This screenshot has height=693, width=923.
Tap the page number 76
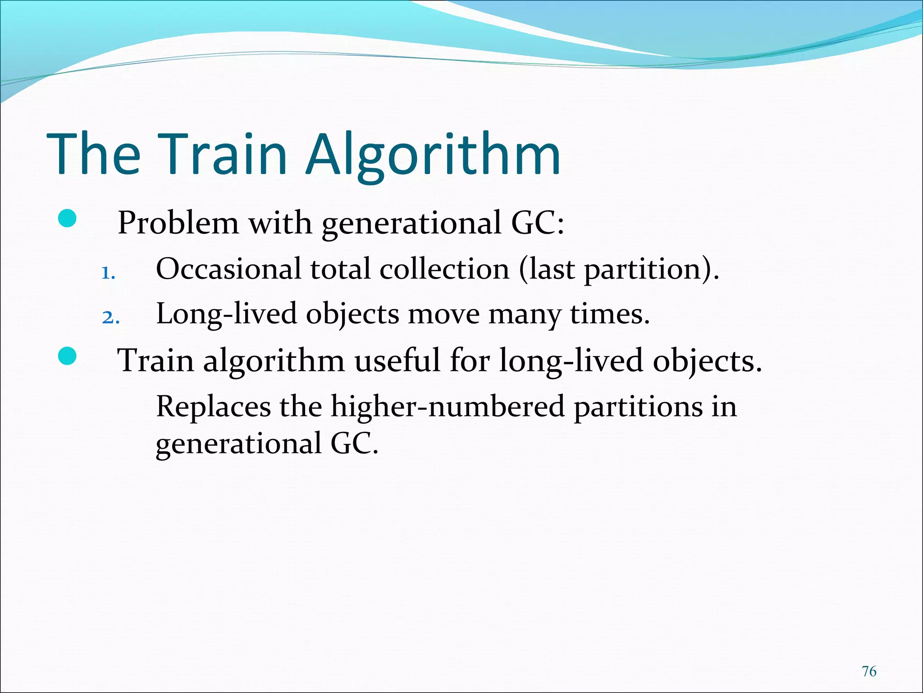869,671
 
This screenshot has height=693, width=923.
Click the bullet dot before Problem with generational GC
67,220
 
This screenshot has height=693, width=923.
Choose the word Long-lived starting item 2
226,314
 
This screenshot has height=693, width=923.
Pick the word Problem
178,222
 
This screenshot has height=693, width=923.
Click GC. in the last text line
354,444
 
